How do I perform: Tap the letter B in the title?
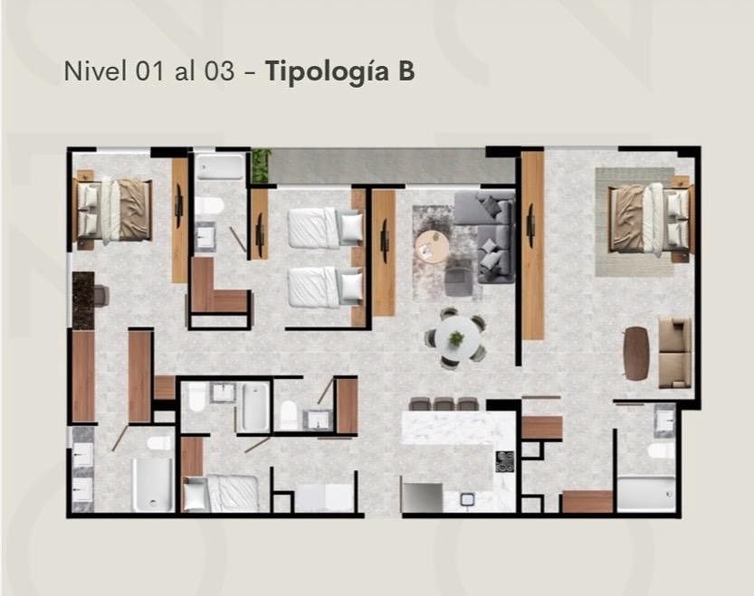pos(406,71)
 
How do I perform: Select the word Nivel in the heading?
pos(95,71)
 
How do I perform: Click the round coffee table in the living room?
pos(433,247)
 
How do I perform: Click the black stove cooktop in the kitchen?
pos(505,461)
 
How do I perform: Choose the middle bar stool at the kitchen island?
pos(444,403)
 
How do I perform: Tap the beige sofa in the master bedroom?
pos(675,353)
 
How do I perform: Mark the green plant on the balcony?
pos(261,166)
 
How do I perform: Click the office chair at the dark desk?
pos(101,296)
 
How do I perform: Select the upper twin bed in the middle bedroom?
pos(326,227)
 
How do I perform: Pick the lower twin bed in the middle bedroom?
pos(326,287)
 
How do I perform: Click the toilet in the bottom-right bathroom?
pos(661,450)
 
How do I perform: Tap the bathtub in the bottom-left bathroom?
pos(152,485)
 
